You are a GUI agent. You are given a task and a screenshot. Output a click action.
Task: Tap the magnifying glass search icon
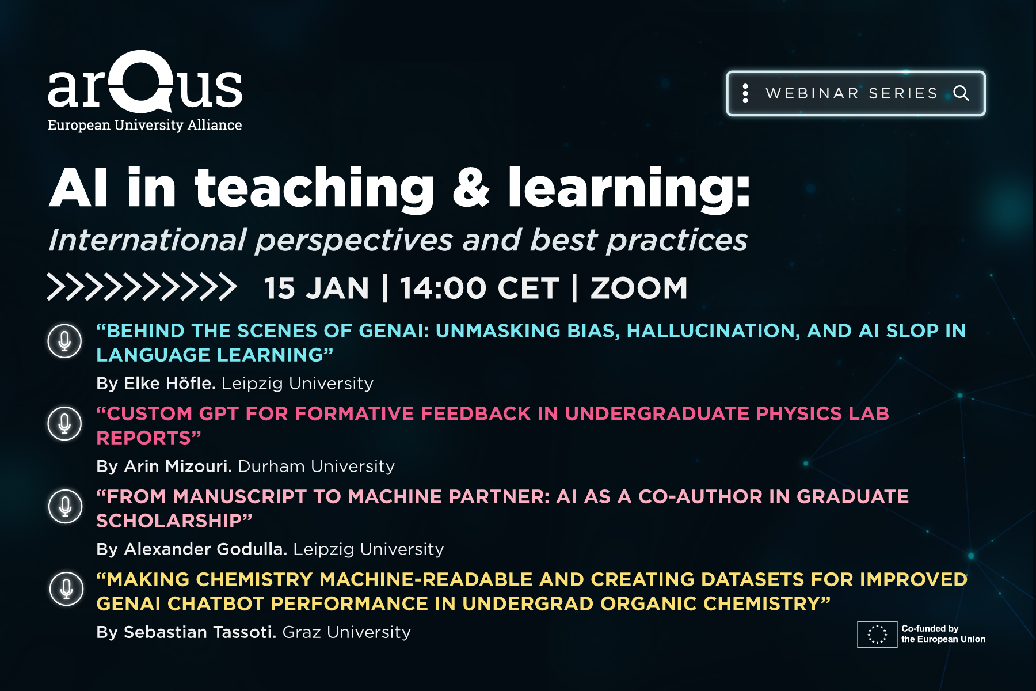click(x=961, y=93)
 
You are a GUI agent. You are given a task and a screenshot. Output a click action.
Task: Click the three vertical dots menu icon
click(x=745, y=93)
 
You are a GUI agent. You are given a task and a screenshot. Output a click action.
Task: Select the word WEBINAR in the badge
click(x=812, y=93)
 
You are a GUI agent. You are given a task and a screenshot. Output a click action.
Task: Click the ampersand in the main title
click(x=471, y=187)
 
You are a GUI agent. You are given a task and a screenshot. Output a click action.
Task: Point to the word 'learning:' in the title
click(x=629, y=189)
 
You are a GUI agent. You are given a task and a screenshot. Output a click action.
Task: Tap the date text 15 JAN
click(x=316, y=288)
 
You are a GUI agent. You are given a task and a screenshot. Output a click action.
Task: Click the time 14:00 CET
click(x=479, y=288)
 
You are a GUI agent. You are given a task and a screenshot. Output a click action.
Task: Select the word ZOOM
click(x=639, y=288)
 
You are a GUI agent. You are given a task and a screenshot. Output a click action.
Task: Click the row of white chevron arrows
click(x=142, y=287)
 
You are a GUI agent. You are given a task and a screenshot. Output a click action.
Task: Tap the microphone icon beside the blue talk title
click(x=64, y=341)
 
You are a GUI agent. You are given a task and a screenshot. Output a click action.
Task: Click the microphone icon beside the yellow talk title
click(x=66, y=589)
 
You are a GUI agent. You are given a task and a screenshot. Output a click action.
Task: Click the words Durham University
click(x=317, y=466)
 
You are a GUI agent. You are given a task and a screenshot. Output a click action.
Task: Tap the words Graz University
click(x=346, y=632)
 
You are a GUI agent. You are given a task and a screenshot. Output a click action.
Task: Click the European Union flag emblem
click(x=877, y=634)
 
